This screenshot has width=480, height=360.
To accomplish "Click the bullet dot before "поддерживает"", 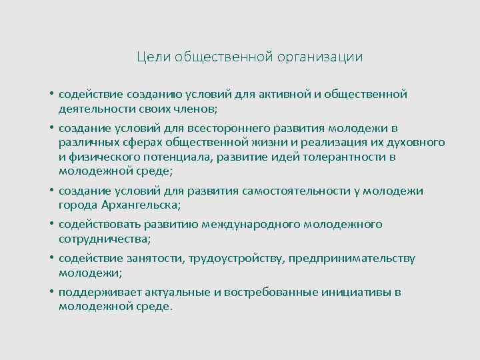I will tap(51, 293).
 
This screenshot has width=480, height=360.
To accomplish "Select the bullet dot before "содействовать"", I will tap(51, 225).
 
